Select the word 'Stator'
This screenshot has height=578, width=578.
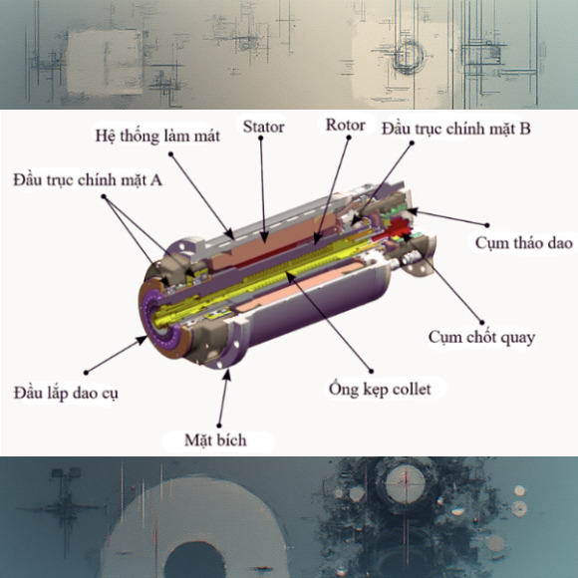263,127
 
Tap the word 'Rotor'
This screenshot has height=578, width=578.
346,126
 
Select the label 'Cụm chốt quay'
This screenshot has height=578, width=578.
481,337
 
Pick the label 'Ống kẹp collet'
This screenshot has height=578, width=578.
380,388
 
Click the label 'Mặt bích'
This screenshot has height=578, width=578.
215,439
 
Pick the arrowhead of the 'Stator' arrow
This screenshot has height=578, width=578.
263,240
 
